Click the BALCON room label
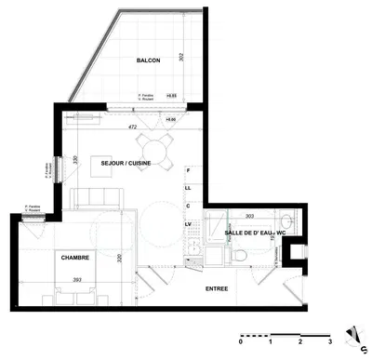click(x=148, y=60)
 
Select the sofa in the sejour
click(x=98, y=198)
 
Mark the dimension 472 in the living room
click(x=132, y=127)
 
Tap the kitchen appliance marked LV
click(x=188, y=224)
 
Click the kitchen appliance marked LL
click(x=188, y=188)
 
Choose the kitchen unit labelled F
click(x=188, y=172)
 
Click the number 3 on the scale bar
click(x=328, y=341)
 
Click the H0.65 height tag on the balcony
click(x=171, y=95)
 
